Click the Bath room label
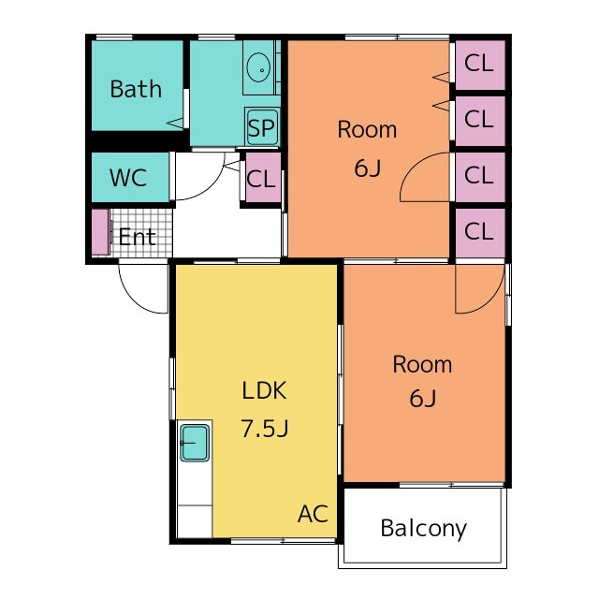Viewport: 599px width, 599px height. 136,89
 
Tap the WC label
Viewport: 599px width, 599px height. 128,178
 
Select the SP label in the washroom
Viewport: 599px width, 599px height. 261,127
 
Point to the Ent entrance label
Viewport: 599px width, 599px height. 137,237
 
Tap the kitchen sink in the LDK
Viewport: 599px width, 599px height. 195,443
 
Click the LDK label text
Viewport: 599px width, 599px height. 264,390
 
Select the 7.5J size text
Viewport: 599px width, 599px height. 264,428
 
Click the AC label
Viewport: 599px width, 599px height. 313,514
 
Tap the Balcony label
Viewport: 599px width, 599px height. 423,529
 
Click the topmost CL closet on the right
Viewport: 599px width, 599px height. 480,65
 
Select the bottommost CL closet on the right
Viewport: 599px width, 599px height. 480,233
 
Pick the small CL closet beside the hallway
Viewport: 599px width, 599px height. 263,178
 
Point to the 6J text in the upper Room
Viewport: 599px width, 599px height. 368,168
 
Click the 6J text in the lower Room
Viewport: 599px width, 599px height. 422,399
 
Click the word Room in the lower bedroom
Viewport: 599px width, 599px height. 422,364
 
